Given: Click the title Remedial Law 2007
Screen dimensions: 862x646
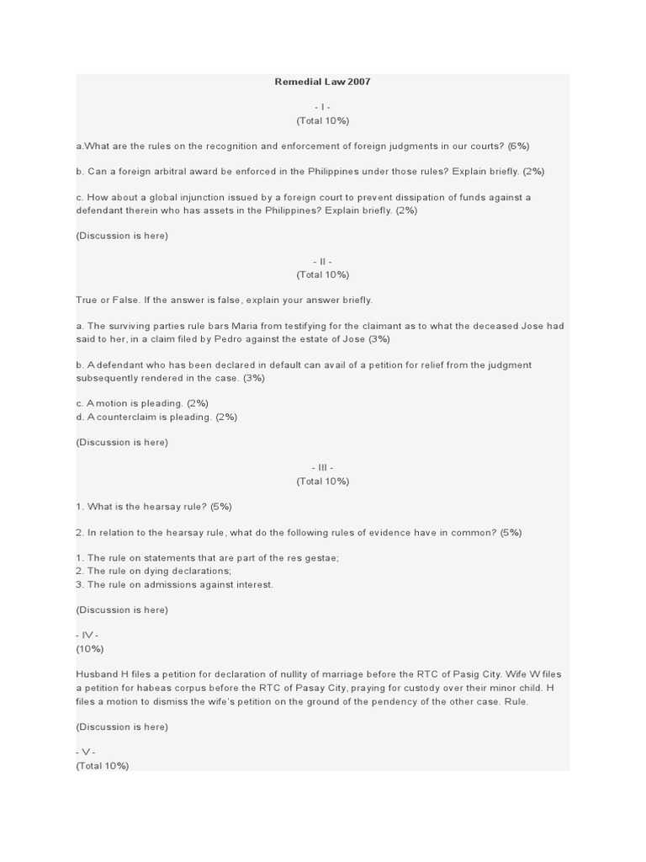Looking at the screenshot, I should pos(322,82).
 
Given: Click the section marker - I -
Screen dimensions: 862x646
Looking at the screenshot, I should pos(322,108).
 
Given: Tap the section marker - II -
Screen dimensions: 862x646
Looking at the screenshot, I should pos(322,262).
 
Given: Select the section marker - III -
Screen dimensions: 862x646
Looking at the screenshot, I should pos(322,468).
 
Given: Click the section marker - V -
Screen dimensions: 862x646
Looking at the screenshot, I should pos(86,752).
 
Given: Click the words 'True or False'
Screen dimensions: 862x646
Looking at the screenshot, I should pos(109,300).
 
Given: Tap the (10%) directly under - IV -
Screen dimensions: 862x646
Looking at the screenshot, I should pos(90,649).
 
